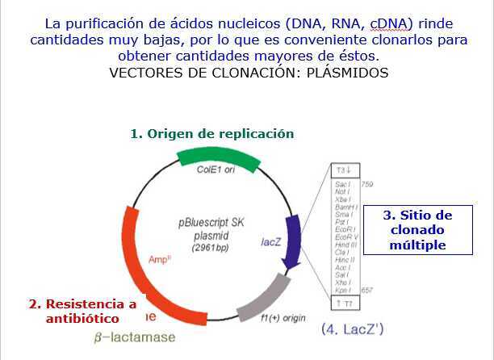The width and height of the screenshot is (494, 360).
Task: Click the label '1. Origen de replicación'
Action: tap(212, 133)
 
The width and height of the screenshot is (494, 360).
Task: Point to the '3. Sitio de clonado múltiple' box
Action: tap(417, 230)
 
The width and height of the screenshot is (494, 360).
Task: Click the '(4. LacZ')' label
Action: tap(351, 329)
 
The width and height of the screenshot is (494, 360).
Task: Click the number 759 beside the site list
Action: tap(367, 185)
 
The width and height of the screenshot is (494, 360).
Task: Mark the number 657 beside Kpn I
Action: tap(367, 289)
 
